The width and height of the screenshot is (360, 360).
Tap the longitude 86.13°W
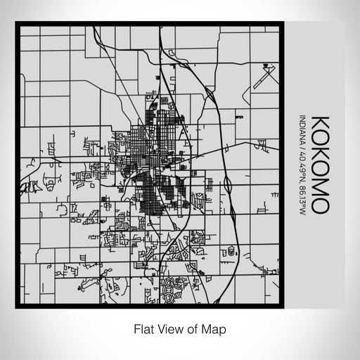pos(302,193)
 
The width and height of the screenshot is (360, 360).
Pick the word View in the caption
pos(170,328)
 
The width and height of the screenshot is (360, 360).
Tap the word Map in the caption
pos(214,328)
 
